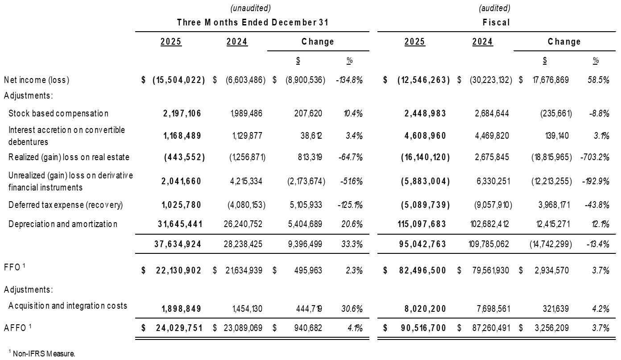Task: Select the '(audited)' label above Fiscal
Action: (494, 8)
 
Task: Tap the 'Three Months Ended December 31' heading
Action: (256, 22)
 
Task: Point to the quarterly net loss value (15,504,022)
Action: (179, 80)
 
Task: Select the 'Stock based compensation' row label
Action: (58, 113)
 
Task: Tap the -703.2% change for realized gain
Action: (596, 157)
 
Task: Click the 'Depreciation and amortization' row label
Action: (63, 224)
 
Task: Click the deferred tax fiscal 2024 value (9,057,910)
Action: (490, 205)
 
